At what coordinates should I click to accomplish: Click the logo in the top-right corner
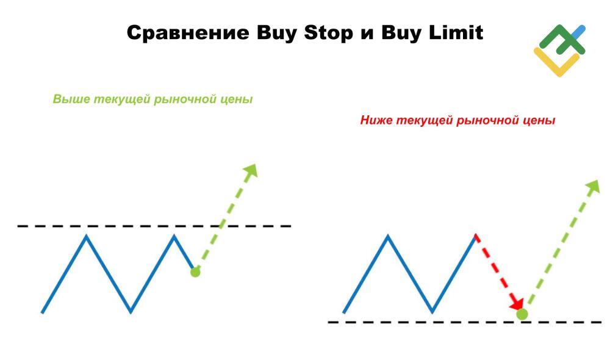[x=559, y=50]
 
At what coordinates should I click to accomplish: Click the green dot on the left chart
[x=195, y=272]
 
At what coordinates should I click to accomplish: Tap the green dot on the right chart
[x=522, y=314]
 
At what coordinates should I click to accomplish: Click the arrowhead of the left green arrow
[x=251, y=171]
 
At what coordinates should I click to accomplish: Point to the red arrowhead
[x=517, y=303]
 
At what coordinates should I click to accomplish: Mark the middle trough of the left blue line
[x=131, y=312]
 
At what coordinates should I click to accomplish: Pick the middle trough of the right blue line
[x=432, y=312]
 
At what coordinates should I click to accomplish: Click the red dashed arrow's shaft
[x=495, y=268]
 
